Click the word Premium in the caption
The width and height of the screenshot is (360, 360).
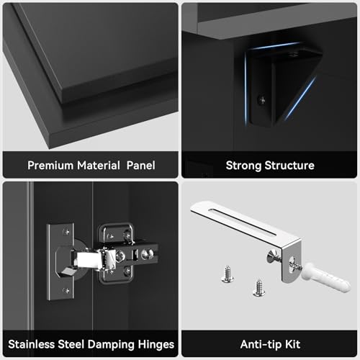(50, 166)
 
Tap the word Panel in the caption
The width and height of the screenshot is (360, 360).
(141, 166)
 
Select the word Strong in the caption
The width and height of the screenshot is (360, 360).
(243, 166)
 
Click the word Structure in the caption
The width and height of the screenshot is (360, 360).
(289, 166)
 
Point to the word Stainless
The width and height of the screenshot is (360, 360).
(32, 344)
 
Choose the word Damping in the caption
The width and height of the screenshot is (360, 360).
(111, 345)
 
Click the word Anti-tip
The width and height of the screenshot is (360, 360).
(261, 345)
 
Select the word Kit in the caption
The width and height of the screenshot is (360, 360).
(292, 344)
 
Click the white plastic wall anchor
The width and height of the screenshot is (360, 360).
(325, 278)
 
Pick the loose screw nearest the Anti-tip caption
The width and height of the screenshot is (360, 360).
(258, 288)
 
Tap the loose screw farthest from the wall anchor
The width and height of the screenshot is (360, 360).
(227, 274)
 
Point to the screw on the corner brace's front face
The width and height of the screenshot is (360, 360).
(262, 100)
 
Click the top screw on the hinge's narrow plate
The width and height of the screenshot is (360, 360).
(66, 232)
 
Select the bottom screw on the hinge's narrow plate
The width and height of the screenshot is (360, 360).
(66, 291)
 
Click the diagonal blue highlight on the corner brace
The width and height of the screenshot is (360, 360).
(300, 98)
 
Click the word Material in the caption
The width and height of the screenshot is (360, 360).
(98, 166)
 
